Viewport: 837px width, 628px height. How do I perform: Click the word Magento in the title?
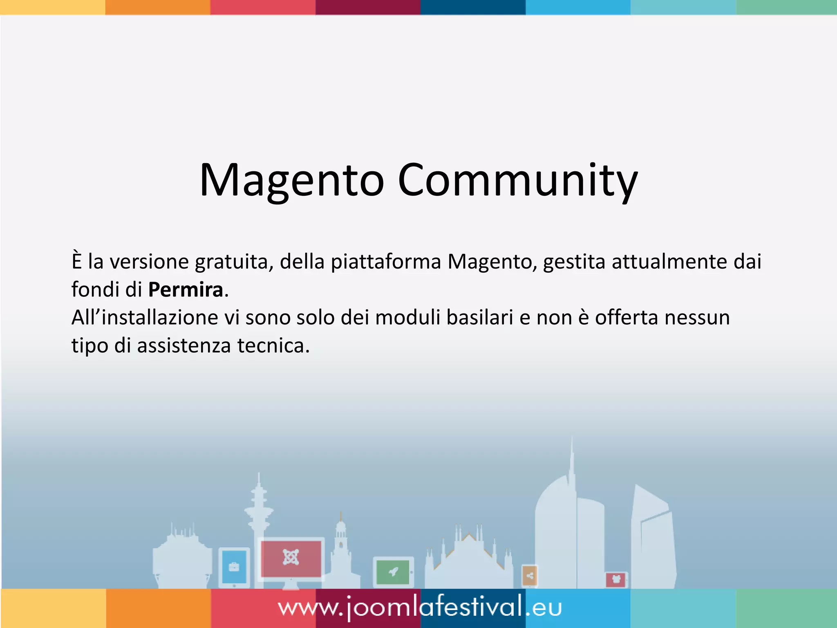(x=291, y=181)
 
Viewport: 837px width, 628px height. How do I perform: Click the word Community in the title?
(x=517, y=181)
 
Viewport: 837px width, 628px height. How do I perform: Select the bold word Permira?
(x=186, y=290)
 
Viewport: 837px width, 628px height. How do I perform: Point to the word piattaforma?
(x=386, y=262)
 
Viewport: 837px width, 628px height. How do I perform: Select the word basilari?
(x=479, y=318)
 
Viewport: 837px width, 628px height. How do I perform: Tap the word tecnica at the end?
(x=273, y=345)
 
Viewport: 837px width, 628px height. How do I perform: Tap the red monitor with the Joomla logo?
(x=291, y=558)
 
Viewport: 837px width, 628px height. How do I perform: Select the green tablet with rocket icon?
(x=393, y=572)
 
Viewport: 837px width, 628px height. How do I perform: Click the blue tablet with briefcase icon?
(x=234, y=567)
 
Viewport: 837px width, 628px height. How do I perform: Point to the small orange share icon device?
(x=530, y=576)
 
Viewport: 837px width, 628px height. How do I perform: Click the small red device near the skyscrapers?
(x=616, y=579)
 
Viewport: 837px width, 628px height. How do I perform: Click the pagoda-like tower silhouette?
(x=258, y=511)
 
